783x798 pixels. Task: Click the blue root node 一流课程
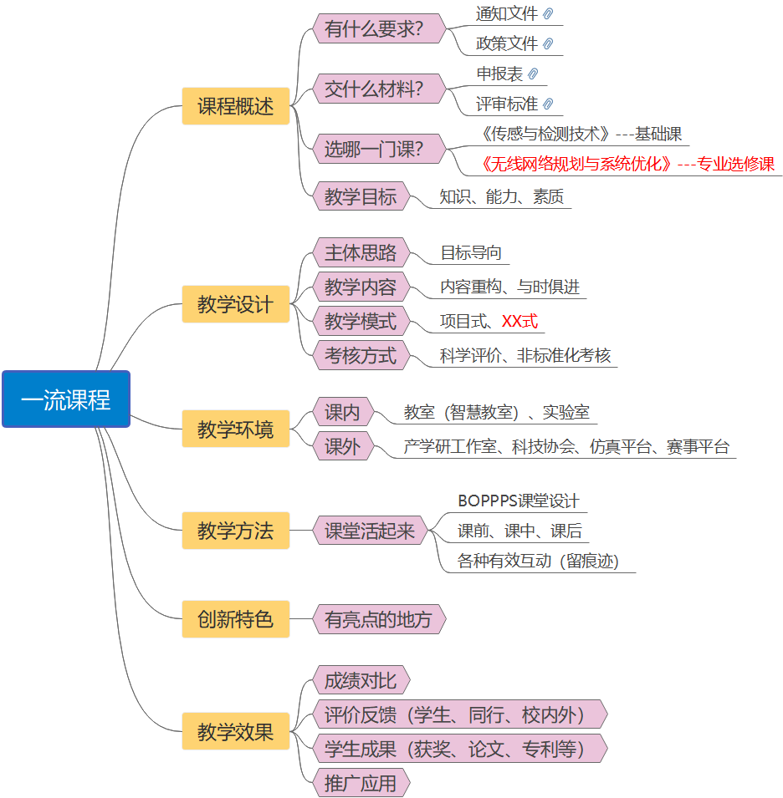coord(66,399)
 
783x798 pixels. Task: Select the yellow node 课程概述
coord(235,106)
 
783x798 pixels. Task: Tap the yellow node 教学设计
coord(235,304)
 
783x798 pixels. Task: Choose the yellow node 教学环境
coord(235,429)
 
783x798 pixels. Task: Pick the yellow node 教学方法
coord(235,531)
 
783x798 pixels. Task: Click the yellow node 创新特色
coord(235,619)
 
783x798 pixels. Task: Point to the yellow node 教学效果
coord(235,732)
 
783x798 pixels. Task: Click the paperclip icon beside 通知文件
coord(548,14)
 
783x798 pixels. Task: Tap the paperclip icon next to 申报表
coord(533,74)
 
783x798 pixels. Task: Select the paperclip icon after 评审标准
coord(548,104)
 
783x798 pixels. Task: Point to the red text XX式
coord(519,322)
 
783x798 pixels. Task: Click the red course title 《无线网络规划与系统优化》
coord(577,165)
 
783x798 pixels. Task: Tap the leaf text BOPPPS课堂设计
coord(519,501)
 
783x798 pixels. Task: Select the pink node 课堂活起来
coord(369,531)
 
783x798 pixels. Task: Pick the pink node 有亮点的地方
coord(378,619)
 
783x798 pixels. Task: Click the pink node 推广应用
coord(361,784)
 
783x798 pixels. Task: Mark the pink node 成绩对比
coord(361,680)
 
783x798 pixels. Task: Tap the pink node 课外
coord(342,446)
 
